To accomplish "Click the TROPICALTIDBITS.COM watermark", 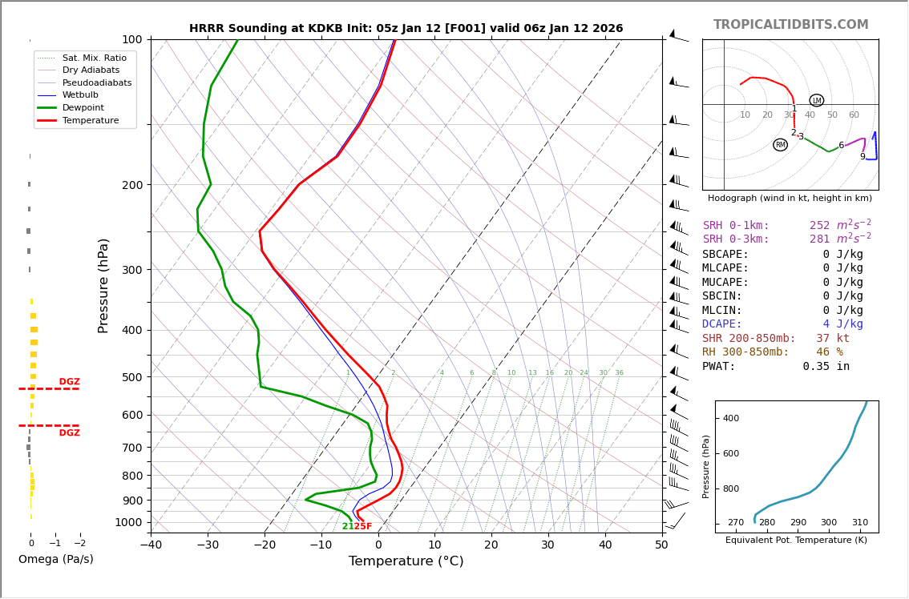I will click(790, 25).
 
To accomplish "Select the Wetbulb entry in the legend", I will click(80, 95).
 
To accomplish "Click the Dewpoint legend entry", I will click(83, 108).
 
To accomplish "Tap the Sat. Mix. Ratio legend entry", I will click(94, 58).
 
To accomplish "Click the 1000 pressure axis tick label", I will click(129, 522).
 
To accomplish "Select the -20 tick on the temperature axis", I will click(265, 545).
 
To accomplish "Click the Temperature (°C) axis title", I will click(406, 561).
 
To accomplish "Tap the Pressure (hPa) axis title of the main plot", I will click(103, 285).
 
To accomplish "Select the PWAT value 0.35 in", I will click(826, 367).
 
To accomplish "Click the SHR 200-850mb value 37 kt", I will click(833, 339).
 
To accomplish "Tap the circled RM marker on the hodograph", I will click(780, 145).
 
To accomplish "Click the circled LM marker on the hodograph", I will click(816, 100).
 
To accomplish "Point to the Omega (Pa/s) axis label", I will click(56, 560).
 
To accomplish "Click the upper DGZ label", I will click(69, 382).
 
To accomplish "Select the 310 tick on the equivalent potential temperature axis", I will click(859, 523).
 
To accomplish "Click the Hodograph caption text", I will click(790, 199).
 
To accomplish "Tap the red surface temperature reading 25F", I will click(363, 527).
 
